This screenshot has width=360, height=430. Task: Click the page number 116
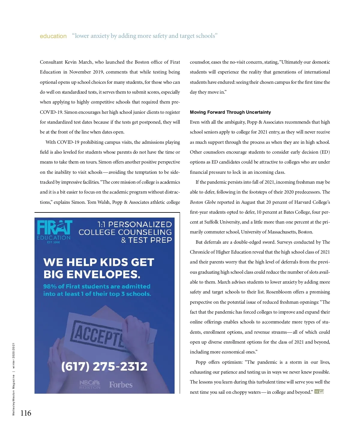(26, 413)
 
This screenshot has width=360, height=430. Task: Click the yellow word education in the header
(53, 36)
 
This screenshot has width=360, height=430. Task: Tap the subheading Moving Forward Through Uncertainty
(230, 112)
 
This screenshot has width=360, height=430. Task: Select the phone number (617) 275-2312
(104, 366)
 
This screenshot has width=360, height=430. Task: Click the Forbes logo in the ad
(121, 385)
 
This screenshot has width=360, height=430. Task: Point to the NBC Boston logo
(90, 384)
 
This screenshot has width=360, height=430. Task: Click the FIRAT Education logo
(54, 231)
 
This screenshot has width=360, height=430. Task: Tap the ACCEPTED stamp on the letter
(97, 335)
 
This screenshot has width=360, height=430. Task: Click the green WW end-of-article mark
(319, 392)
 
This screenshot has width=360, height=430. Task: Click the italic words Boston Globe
(203, 202)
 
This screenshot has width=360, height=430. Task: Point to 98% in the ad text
(50, 286)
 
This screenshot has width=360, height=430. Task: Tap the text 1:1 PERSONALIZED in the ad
(134, 224)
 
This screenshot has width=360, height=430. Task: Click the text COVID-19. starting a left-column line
(51, 112)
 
